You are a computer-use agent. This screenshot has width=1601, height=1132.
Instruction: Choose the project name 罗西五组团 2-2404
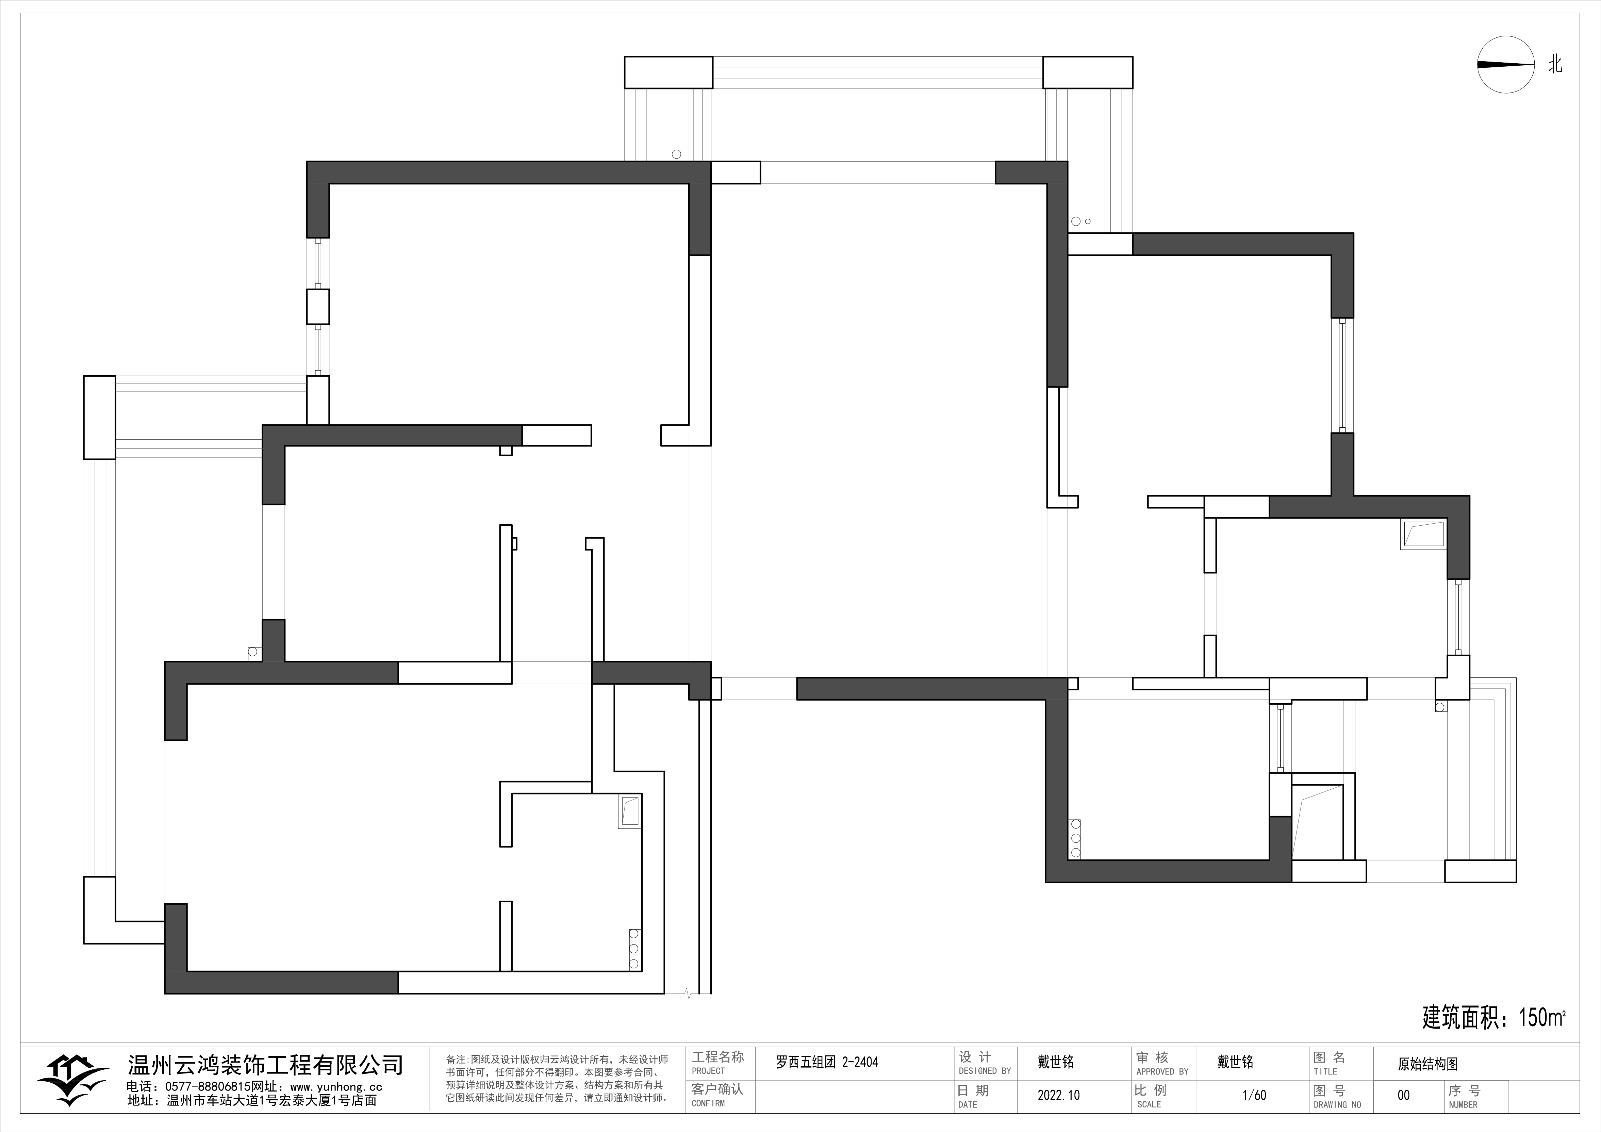(827, 1062)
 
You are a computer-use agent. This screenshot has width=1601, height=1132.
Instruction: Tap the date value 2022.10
(1058, 1095)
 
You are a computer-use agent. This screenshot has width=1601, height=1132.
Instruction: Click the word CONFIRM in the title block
(708, 1103)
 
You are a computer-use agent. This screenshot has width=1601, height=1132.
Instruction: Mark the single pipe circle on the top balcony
(676, 154)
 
